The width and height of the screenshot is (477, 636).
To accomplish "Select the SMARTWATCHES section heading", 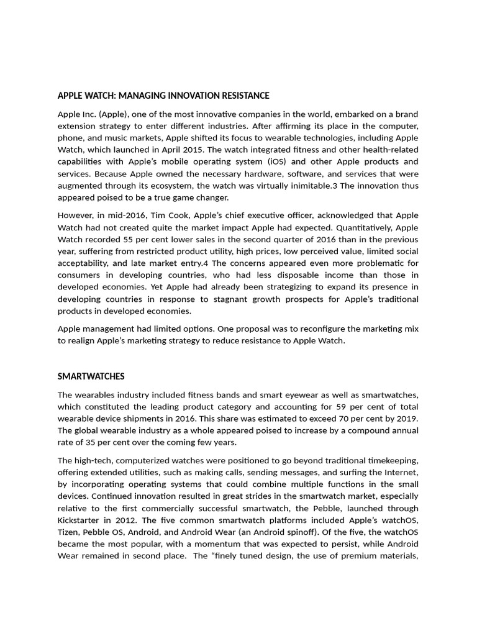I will tap(91, 376).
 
